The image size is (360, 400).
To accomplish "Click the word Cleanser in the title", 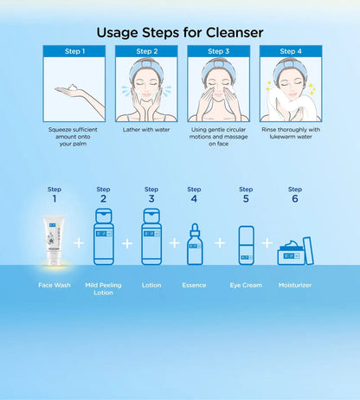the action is pos(235,32).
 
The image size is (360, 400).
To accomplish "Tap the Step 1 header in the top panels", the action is pos(74,51).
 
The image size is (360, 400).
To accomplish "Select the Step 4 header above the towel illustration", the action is pos(291,51).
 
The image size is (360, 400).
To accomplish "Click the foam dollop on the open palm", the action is pos(74,87).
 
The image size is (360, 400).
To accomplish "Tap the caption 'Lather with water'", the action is pos(146,130).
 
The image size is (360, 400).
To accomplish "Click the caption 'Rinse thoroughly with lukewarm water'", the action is pos(291,133).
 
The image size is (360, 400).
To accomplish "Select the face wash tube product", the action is pos(55,241).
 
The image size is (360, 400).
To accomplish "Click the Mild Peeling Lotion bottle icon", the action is pos(104,236).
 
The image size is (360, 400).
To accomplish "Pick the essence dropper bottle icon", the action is pos(195,244).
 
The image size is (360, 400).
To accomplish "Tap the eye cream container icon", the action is pos(247,245).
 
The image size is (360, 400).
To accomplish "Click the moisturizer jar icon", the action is pos(295,252).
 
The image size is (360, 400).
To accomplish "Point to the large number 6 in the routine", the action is pos(295,198).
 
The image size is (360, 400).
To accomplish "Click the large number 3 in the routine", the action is pos(151,198).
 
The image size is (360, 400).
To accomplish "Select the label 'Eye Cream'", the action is pos(246,285).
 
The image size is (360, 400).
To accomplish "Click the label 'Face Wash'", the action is pos(55,285).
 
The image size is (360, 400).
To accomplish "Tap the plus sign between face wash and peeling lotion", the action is pos(79,243).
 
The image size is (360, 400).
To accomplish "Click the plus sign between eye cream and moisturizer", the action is pos(267,243).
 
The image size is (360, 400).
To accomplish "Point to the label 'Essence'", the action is pos(194,285).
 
